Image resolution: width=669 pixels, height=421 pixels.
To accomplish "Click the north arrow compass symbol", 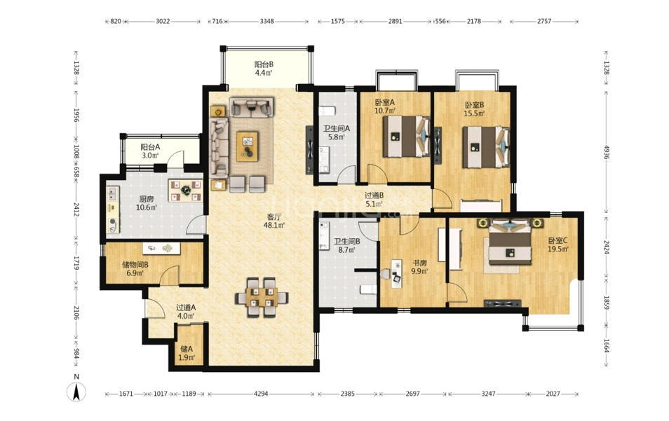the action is pos(76,392).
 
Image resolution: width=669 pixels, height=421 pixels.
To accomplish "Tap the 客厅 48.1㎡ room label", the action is pos(273,221).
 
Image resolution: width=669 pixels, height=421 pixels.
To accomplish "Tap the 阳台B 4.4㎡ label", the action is pos(264,68).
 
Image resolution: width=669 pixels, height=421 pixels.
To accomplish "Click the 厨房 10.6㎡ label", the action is pos(147,203).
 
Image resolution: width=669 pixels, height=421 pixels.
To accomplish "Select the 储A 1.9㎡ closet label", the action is pos(187,353).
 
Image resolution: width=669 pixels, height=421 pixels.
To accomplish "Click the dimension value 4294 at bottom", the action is pos(261,394).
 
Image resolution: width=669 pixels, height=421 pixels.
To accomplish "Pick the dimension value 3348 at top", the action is pos(266,21).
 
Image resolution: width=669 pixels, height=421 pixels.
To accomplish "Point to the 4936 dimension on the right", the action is pos(606,152).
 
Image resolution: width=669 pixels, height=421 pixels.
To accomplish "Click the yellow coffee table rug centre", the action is pos(247,146).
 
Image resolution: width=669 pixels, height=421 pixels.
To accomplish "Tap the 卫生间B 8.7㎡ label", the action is pos(346,245).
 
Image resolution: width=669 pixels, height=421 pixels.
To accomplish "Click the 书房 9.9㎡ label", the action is pos(419,267).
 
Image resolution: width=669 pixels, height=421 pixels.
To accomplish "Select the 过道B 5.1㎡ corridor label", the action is pos(374,200).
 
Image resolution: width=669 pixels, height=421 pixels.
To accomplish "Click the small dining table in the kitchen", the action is pos(185,190).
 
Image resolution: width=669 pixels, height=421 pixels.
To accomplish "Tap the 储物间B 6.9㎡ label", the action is pos(135,268).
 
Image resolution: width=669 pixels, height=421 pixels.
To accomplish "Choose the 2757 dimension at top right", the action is pos(544,21).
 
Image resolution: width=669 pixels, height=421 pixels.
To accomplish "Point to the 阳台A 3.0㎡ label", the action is pos(150,151).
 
